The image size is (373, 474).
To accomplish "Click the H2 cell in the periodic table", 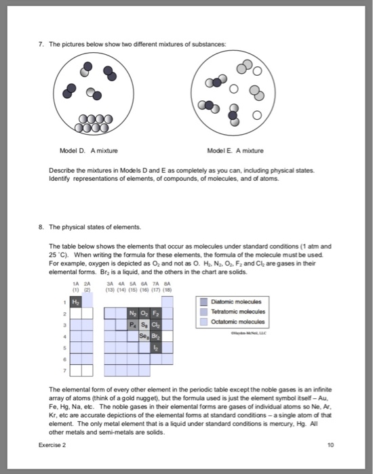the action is [76, 302].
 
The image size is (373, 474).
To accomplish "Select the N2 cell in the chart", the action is [133, 313].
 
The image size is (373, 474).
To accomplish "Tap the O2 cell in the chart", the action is [144, 313].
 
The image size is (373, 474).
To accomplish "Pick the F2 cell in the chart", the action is [156, 313].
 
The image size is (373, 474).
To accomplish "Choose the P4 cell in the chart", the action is [133, 324].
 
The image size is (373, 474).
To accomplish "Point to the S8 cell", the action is [144, 324].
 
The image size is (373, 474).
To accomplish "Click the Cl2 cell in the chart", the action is [156, 324].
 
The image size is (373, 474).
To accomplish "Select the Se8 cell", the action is [144, 336].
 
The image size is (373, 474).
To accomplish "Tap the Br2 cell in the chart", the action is [156, 336].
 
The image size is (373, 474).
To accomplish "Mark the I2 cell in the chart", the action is [156, 347].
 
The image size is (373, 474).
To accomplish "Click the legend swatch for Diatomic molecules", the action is [204, 302].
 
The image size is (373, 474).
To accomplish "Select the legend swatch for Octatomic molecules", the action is [204, 322].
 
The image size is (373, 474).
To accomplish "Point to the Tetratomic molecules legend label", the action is [238, 311].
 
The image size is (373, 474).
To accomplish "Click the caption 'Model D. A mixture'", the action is [89, 150].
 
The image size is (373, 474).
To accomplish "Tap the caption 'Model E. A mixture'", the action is [235, 150].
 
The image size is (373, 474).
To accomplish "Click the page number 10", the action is [331, 445].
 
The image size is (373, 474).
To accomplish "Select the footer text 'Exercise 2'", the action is [52, 445].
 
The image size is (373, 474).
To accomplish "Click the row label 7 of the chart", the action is [64, 370].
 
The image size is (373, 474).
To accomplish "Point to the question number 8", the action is [41, 227].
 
